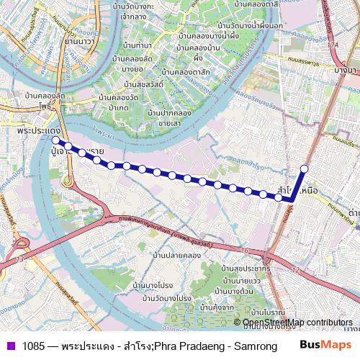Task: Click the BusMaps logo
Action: pos(326,344)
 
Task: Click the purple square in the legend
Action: pos(10,345)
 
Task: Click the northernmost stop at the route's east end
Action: pos(304,168)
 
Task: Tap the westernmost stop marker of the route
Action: pos(55,140)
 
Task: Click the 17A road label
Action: pos(332,45)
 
